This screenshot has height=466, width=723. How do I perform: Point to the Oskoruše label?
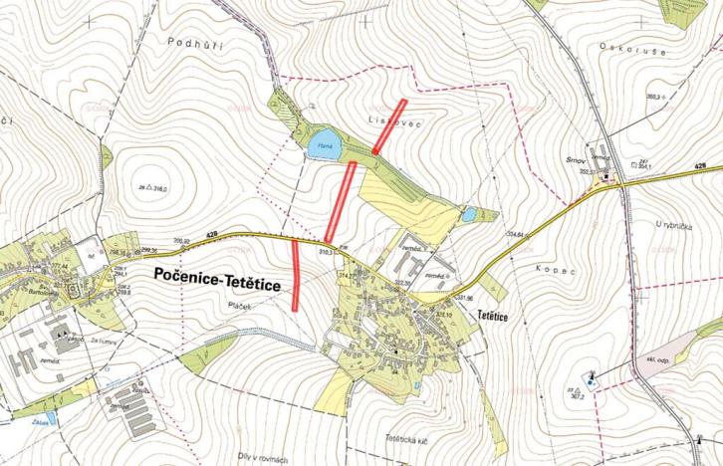pos(624,46)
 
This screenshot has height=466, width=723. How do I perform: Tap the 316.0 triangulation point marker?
pos(147,186)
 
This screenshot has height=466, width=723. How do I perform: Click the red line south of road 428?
pos(297,275)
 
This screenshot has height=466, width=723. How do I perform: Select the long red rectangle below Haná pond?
pos(340,201)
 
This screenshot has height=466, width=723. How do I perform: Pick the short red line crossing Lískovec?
pos(389,126)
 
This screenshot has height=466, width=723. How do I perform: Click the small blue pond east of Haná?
pos(467,213)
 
